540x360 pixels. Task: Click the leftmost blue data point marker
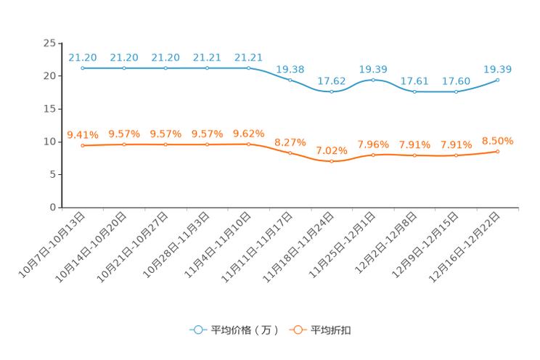(x=83, y=68)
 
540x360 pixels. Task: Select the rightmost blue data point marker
(x=498, y=79)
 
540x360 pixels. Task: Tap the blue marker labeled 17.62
(x=332, y=92)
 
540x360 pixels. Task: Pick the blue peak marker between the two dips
(x=373, y=79)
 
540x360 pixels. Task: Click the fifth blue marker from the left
(x=249, y=68)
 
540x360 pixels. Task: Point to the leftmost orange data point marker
(x=83, y=145)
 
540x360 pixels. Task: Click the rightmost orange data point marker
(x=498, y=151)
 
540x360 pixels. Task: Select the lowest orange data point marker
(x=332, y=161)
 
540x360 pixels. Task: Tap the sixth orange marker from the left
(x=290, y=153)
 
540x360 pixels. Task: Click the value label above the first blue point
(x=83, y=57)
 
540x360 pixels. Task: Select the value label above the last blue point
(x=498, y=69)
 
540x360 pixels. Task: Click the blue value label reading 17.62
(x=332, y=81)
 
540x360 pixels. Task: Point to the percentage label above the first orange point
(x=82, y=134)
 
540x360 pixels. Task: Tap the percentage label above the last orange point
(x=498, y=140)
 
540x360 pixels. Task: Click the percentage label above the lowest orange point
(x=332, y=150)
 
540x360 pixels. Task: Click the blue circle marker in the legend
(x=197, y=330)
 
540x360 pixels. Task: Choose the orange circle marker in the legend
(x=297, y=330)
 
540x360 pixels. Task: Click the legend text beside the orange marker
(x=331, y=330)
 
